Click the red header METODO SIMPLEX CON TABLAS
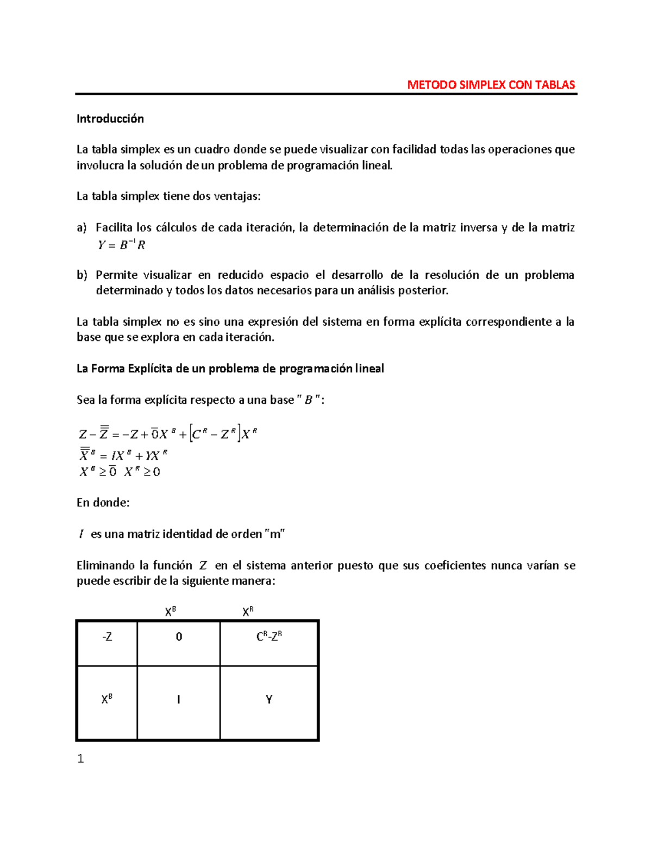click(491, 85)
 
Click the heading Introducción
click(110, 119)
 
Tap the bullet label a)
click(81, 228)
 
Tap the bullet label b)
click(81, 275)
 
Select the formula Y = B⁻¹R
click(121, 245)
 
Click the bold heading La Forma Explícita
click(230, 369)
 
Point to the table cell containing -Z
click(107, 637)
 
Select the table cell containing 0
click(179, 637)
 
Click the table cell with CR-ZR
click(269, 636)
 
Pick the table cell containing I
click(179, 700)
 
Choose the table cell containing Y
click(269, 700)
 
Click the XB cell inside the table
click(107, 699)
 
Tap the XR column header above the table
click(248, 612)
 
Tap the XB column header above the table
click(171, 612)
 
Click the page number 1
click(80, 759)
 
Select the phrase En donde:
click(103, 503)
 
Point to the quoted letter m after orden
click(275, 534)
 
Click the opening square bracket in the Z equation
click(191, 434)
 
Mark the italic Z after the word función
click(203, 566)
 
